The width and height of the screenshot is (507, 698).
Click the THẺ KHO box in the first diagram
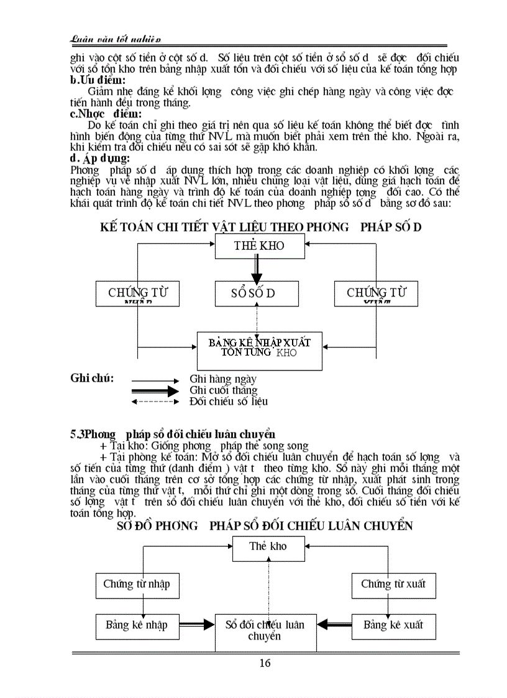click(259, 246)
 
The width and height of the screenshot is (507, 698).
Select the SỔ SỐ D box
click(253, 293)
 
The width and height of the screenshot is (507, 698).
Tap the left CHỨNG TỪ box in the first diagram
click(138, 293)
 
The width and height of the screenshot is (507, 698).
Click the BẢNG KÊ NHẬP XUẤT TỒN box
click(259, 351)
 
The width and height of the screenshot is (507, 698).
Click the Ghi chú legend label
click(92, 378)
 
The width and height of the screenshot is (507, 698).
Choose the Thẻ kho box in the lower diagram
click(268, 547)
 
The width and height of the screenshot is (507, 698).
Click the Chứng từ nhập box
click(136, 584)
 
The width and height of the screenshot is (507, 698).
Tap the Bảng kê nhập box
click(136, 625)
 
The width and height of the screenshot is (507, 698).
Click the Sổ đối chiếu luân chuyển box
click(265, 631)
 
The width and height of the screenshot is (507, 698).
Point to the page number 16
click(265, 663)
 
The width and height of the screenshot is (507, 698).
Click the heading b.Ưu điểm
click(98, 80)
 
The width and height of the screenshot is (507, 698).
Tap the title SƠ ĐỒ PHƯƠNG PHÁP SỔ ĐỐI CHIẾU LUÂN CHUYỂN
click(265, 526)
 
